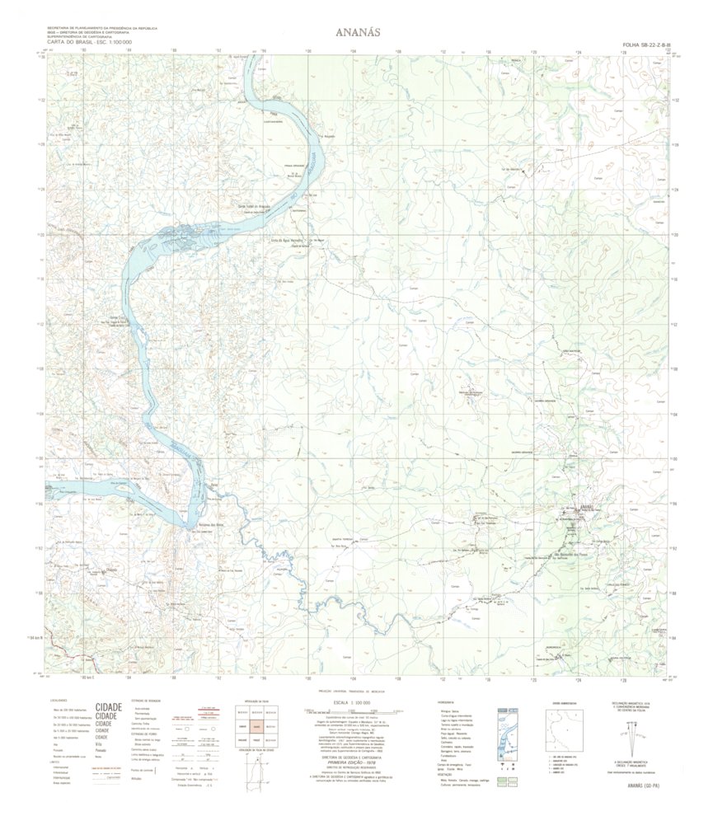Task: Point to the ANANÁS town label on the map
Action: tap(586, 506)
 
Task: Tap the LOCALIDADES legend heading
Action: tap(59, 701)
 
